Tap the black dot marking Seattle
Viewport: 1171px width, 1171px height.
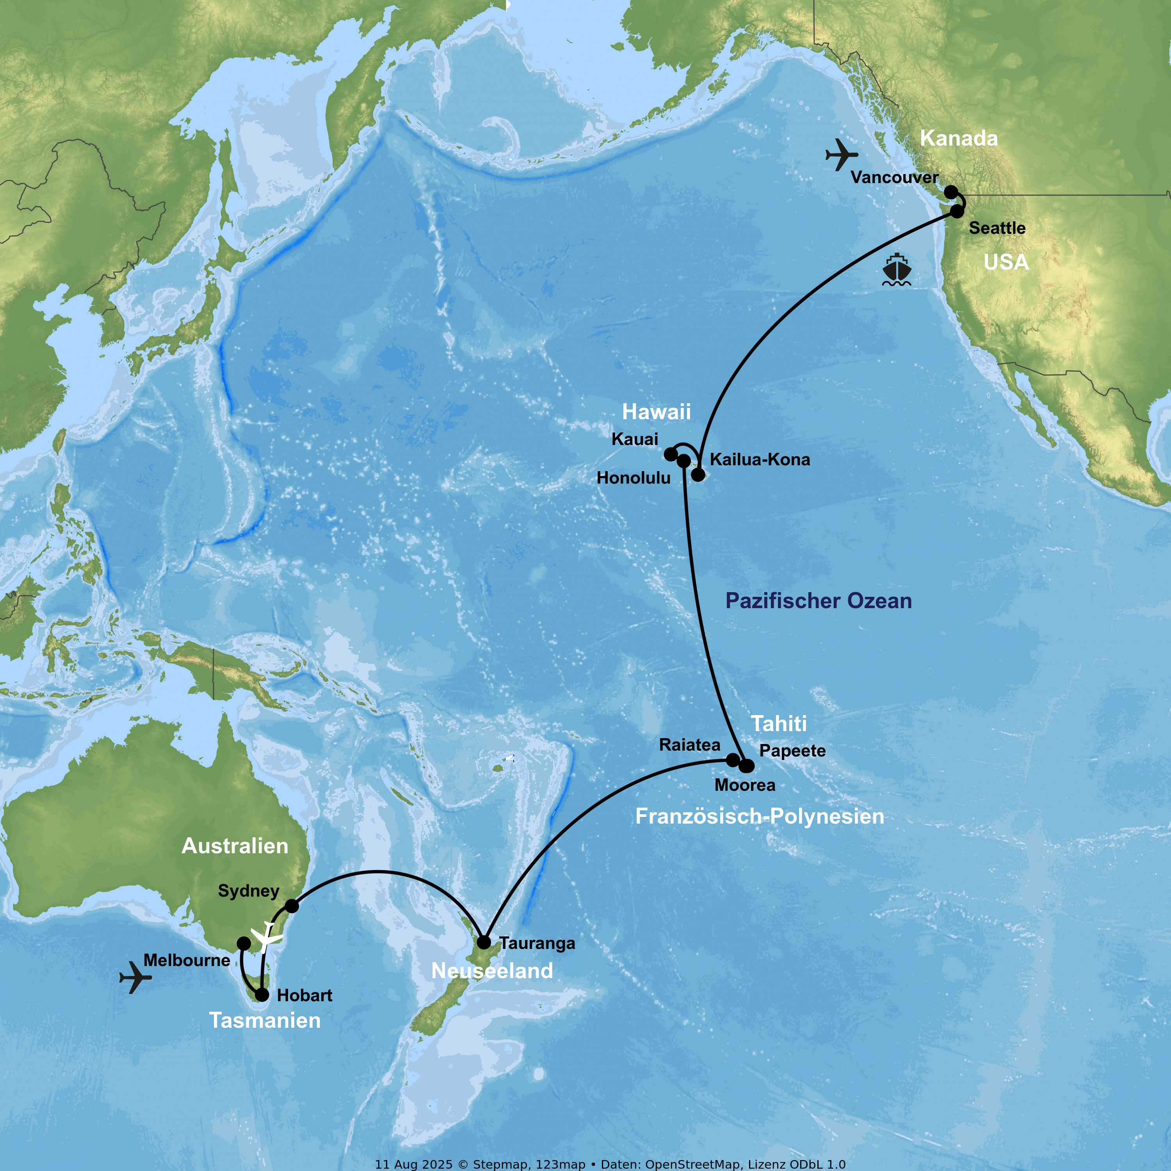pos(957,211)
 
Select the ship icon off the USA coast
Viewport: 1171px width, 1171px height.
pos(897,270)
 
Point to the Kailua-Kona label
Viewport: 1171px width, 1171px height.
pos(760,459)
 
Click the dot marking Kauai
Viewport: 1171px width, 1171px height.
pos(670,454)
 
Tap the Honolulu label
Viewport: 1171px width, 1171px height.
pos(634,478)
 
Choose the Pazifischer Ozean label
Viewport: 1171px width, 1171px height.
pos(818,601)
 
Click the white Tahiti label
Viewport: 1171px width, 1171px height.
pos(779,724)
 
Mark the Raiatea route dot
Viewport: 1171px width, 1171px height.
pos(732,760)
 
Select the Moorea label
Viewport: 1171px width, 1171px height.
pos(745,785)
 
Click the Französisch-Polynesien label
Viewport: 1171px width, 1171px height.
pos(760,817)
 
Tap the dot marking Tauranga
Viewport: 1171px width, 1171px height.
pos(484,943)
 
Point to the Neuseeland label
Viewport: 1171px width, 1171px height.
pos(492,971)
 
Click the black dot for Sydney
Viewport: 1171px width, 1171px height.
pos(292,906)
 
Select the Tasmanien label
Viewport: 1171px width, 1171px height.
pos(265,1021)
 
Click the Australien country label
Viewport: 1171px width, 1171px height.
pos(235,846)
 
